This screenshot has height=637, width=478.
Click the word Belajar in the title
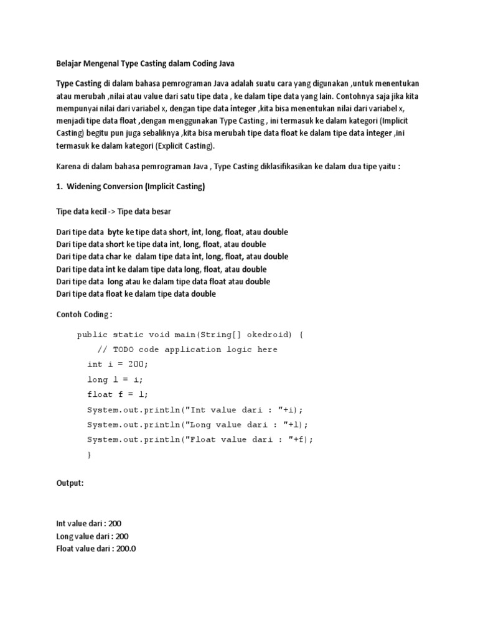click(69, 63)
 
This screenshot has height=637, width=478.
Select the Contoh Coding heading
click(84, 315)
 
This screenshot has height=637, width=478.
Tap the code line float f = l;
click(118, 394)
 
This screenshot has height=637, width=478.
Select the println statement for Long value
click(198, 424)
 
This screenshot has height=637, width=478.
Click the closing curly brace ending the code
click(89, 455)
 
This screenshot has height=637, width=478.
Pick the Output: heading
click(70, 483)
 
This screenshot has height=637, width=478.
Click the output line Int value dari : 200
click(93, 524)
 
